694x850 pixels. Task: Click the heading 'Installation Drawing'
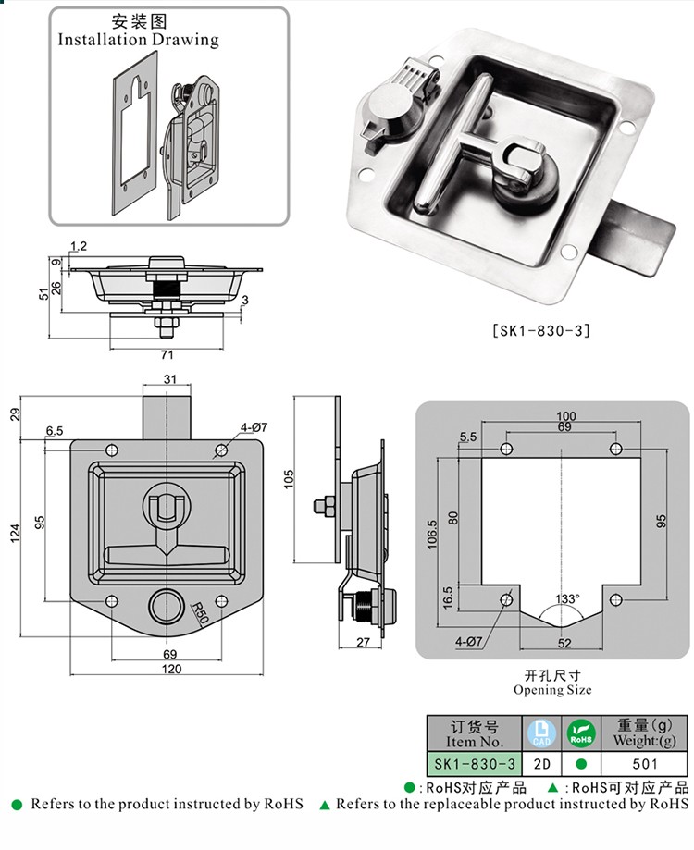pyautogui.click(x=139, y=40)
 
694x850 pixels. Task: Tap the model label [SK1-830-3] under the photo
pyautogui.click(x=543, y=329)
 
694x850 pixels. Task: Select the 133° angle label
pyautogui.click(x=567, y=598)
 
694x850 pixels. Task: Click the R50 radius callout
pyautogui.click(x=199, y=612)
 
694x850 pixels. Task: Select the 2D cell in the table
pyautogui.click(x=542, y=764)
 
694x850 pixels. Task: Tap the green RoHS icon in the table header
pyautogui.click(x=581, y=733)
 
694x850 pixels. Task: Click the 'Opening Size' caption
pyautogui.click(x=552, y=689)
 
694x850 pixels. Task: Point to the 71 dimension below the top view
pyautogui.click(x=167, y=354)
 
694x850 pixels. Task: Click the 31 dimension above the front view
pyautogui.click(x=170, y=379)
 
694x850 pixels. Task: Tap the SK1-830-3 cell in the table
pyautogui.click(x=475, y=764)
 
